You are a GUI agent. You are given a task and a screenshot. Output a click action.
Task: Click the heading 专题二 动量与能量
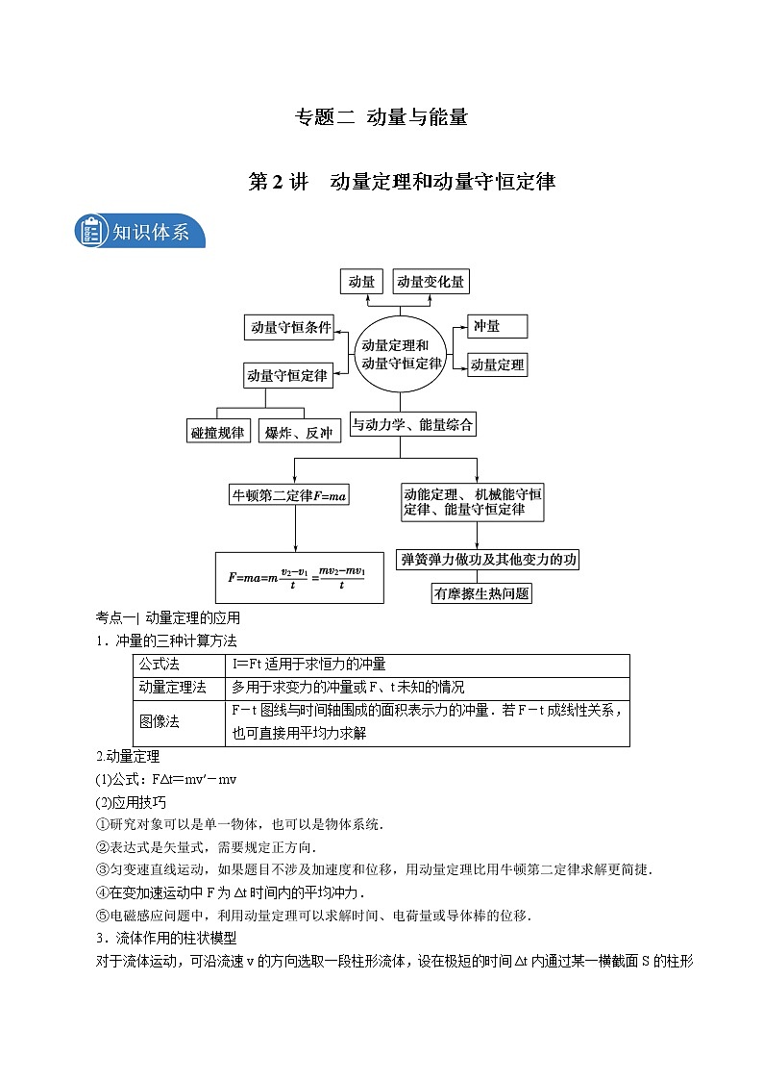click(381, 118)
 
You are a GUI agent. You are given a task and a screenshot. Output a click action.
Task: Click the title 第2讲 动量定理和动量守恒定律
click(403, 181)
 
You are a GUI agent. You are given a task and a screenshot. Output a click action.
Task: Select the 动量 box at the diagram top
click(362, 281)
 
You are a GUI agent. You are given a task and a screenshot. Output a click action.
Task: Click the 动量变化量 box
click(431, 281)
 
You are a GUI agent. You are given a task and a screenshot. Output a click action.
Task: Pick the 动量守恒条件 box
click(288, 328)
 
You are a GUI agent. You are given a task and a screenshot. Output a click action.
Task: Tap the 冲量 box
click(497, 326)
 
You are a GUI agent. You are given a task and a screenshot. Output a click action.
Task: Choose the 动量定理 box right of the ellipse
click(497, 364)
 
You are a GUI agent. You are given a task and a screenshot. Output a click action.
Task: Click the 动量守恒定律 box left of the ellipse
click(287, 375)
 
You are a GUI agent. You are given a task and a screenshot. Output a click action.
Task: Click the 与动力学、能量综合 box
click(411, 424)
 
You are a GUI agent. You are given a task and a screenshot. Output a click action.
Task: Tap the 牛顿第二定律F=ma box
click(288, 496)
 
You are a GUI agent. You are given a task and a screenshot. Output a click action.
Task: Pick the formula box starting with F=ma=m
click(299, 577)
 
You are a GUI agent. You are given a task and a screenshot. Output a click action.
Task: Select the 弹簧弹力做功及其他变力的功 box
click(488, 559)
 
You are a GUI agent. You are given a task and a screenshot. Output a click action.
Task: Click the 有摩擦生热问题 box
click(480, 592)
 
